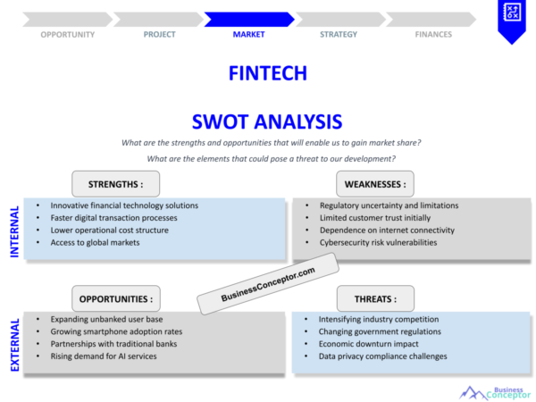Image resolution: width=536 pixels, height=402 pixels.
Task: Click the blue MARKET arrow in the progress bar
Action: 249,20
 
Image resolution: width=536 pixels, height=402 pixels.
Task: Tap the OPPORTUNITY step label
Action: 68,35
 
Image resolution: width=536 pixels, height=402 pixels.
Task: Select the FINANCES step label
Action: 433,35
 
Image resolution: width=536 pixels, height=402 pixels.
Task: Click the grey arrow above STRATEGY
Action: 340,20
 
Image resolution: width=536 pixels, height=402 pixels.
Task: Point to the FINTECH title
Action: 268,73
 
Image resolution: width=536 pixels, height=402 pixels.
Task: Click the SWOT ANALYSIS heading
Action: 267,121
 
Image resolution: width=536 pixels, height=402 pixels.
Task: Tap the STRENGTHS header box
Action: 115,184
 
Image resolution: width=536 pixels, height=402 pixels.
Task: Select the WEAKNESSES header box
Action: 375,184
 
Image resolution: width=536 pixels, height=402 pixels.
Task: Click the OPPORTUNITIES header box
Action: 116,298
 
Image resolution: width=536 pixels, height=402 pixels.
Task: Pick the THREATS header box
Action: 375,298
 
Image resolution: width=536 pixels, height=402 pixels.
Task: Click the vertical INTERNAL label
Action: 14,231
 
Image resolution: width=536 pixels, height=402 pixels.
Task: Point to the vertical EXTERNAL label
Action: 14,345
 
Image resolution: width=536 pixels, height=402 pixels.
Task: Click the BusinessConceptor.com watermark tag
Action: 268,284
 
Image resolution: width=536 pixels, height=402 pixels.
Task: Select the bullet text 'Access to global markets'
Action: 95,243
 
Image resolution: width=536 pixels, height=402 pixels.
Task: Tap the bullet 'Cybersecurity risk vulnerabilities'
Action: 378,243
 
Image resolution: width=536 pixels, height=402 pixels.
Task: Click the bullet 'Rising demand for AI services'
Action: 104,356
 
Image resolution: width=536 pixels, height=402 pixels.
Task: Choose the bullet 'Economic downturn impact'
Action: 368,344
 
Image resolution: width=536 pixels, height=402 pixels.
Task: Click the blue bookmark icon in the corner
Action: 512,21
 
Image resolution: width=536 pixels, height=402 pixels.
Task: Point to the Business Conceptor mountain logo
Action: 495,393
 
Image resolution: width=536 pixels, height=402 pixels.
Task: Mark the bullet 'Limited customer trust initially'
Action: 375,218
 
